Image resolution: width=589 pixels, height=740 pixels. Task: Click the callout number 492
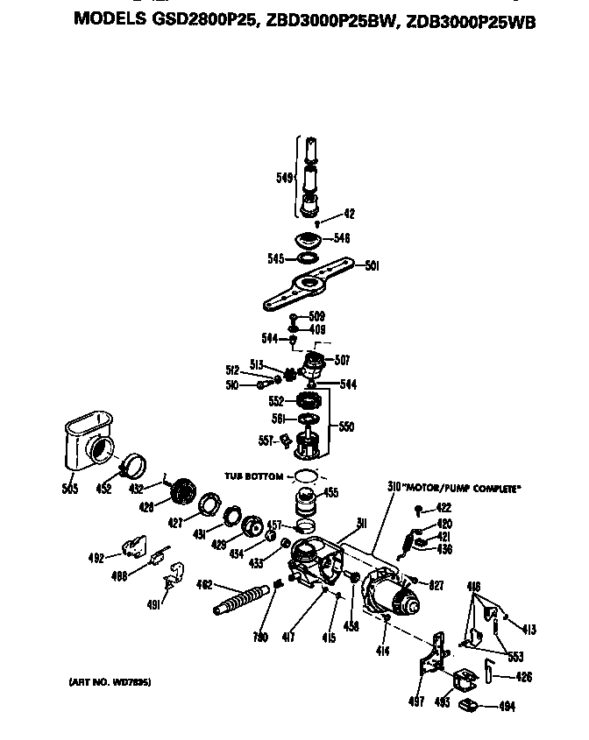pos(97,558)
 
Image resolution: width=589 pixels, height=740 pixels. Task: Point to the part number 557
pos(265,440)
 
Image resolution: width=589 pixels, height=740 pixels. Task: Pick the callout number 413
pos(529,629)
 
